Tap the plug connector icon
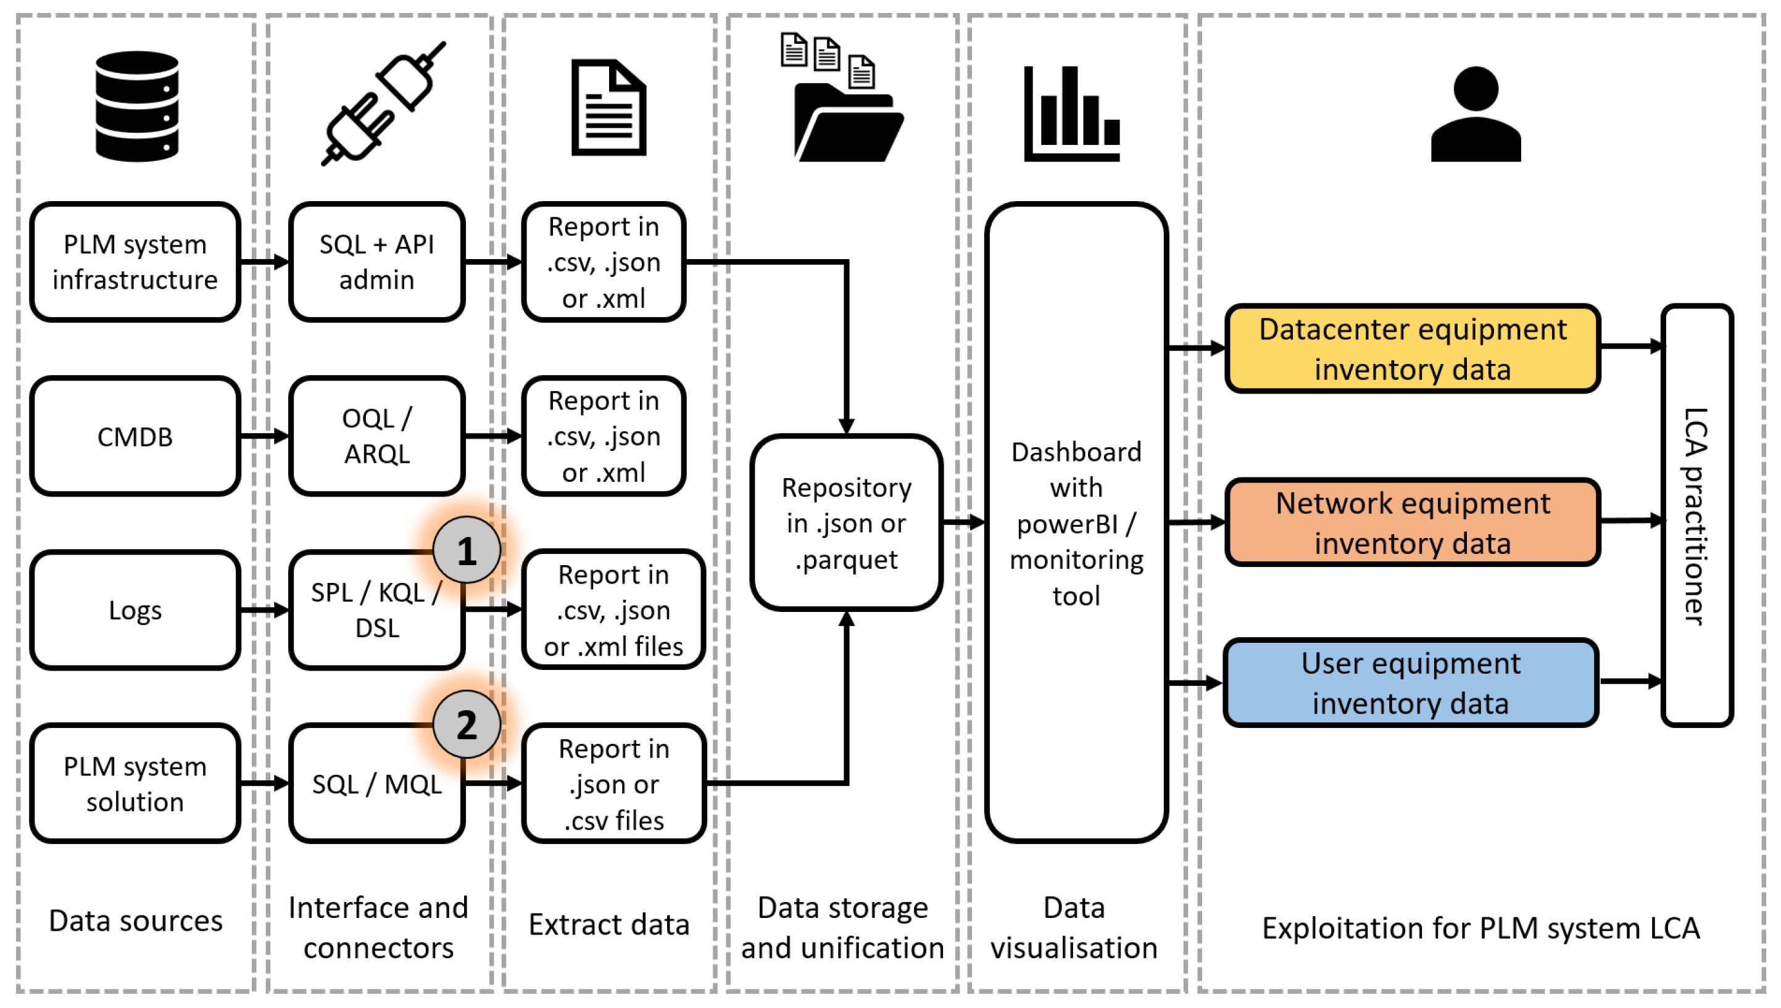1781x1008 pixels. click(383, 104)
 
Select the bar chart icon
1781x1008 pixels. click(1071, 114)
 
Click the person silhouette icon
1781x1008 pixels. click(1475, 114)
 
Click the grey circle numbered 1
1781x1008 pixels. click(467, 551)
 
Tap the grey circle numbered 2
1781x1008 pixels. click(467, 725)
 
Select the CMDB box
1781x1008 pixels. click(135, 436)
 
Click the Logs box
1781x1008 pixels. click(135, 610)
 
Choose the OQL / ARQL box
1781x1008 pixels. click(376, 436)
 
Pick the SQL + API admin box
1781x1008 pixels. click(376, 262)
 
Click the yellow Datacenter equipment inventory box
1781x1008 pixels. click(1412, 348)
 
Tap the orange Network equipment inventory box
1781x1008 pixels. click(1412, 522)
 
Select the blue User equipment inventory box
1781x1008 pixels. click(1411, 683)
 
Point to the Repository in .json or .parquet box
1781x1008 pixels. click(846, 523)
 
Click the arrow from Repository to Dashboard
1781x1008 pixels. click(963, 522)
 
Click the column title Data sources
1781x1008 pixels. click(136, 921)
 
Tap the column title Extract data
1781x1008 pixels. click(608, 924)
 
